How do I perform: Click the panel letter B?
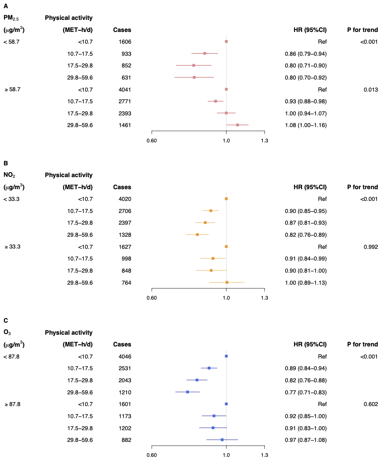[x=6, y=163]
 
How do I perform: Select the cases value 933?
[x=126, y=54]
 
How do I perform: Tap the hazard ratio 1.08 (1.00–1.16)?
[x=306, y=125]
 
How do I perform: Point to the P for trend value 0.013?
[x=371, y=90]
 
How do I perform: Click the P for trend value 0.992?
[x=371, y=247]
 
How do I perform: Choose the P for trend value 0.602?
[x=371, y=404]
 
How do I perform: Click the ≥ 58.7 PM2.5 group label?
[x=12, y=89]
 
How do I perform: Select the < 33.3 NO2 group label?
[x=11, y=199]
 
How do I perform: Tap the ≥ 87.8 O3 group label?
[x=12, y=404]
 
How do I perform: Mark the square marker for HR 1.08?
[x=238, y=125]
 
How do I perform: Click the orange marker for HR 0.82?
[x=197, y=235]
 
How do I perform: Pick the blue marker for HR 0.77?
[x=188, y=392]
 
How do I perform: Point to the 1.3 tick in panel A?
[x=265, y=141]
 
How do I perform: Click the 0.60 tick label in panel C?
[x=151, y=455]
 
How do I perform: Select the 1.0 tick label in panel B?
[x=226, y=298]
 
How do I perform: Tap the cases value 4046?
[x=125, y=357]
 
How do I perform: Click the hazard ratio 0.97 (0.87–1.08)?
[x=306, y=440]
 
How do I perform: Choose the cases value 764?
[x=126, y=283]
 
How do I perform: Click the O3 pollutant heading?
[x=7, y=333]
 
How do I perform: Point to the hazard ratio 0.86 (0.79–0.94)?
[x=306, y=54]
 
